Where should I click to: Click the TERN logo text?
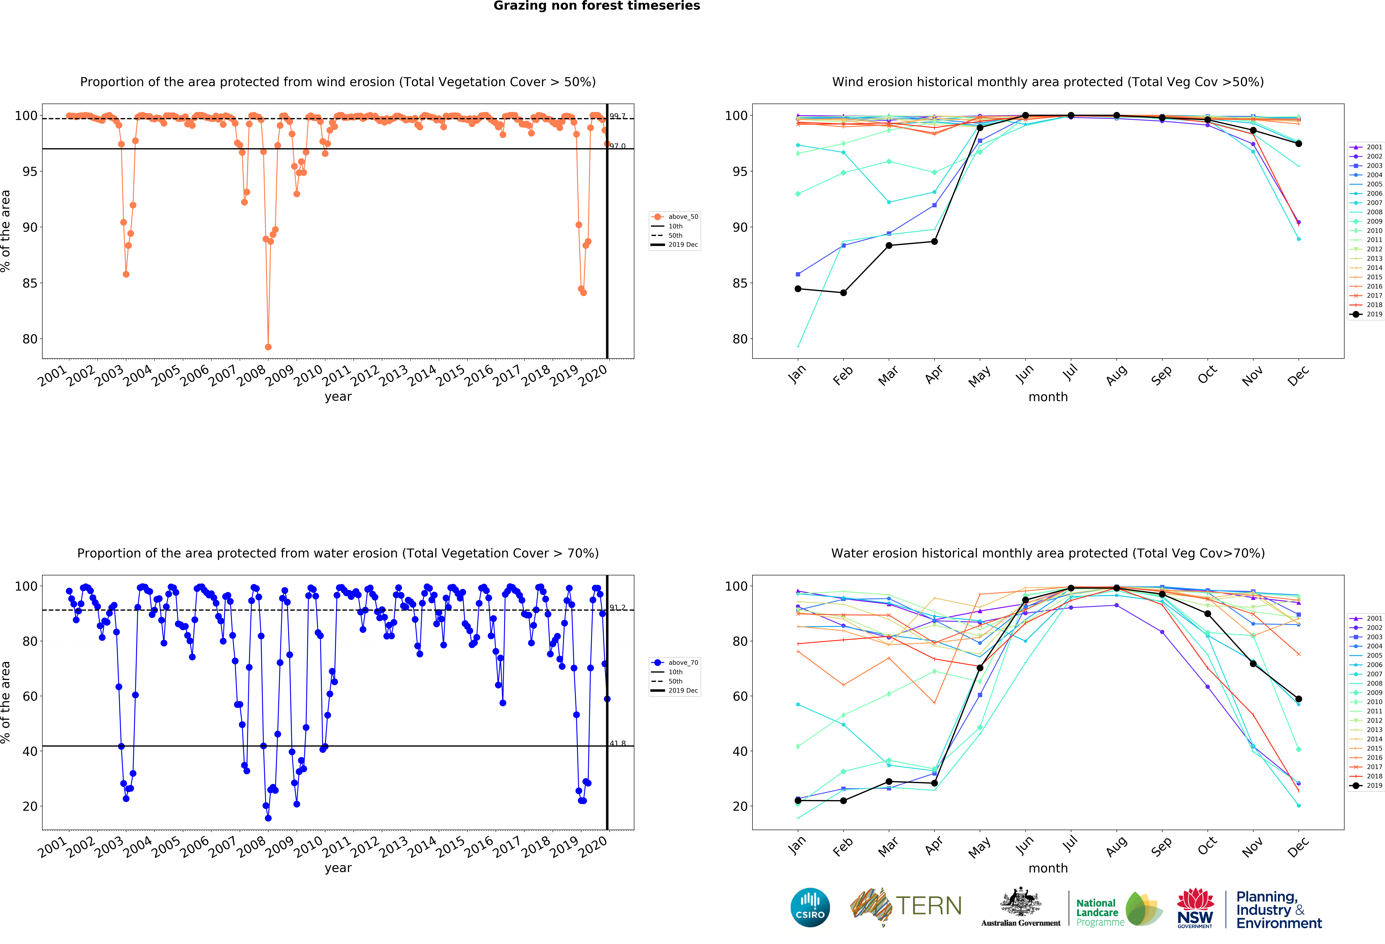click(929, 906)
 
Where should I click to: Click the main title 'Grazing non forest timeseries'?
click(597, 6)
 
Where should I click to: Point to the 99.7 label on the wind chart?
click(617, 116)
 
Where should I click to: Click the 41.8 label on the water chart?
click(617, 743)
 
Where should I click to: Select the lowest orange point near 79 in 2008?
click(268, 347)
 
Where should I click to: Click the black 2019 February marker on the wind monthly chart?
click(843, 293)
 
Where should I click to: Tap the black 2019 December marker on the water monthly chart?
click(1299, 699)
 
